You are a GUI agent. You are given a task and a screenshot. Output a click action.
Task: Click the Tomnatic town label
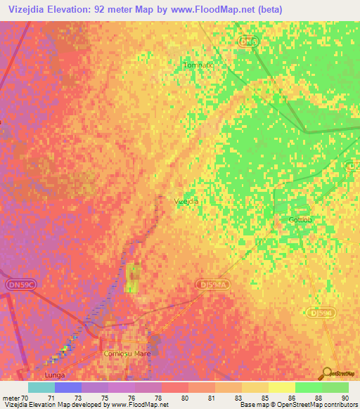click(x=198, y=65)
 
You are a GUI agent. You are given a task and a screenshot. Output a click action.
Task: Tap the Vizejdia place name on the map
click(x=186, y=201)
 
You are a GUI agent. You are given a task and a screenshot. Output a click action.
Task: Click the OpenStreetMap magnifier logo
click(x=326, y=372)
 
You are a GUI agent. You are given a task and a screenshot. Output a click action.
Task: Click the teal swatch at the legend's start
click(x=41, y=387)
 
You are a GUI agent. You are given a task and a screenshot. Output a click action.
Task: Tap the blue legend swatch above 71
click(x=67, y=387)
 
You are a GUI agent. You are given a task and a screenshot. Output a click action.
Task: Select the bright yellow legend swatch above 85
click(x=281, y=387)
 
